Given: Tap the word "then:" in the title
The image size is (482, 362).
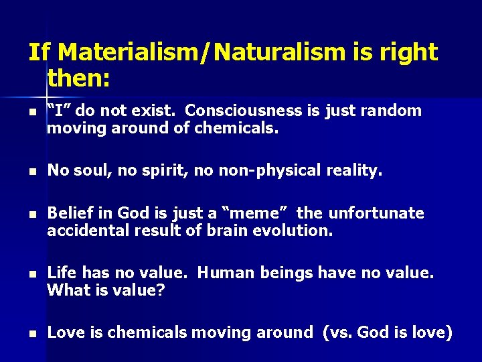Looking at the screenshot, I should (x=78, y=80).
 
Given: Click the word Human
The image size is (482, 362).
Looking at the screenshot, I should (x=222, y=274).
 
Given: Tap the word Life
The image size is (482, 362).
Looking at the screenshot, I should (x=62, y=274).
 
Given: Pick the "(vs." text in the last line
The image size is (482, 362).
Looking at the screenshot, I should (x=339, y=333).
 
